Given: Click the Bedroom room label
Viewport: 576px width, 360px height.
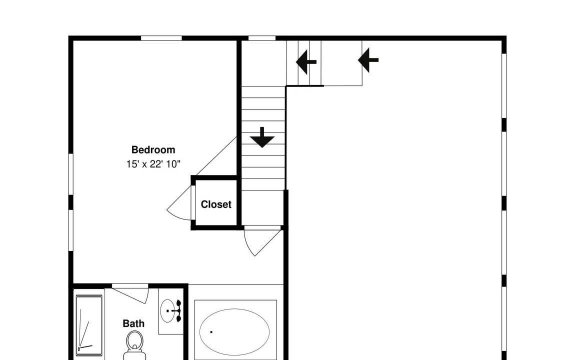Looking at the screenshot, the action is click(153, 150).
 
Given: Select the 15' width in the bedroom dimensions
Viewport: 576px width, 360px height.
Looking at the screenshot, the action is click(132, 164).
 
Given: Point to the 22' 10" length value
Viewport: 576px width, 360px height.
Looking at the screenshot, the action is click(165, 164).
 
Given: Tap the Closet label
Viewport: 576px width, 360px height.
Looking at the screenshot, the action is click(216, 204).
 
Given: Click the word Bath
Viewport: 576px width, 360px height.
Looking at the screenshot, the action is click(133, 323).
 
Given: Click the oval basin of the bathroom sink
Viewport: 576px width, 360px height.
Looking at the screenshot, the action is click(168, 311).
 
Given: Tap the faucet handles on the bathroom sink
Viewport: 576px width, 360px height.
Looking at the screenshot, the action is click(178, 311).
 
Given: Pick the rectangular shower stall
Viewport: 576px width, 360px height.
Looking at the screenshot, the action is click(89, 325).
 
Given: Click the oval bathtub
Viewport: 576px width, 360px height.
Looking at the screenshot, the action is click(234, 331).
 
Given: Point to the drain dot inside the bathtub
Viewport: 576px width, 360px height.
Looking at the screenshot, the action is click(211, 332).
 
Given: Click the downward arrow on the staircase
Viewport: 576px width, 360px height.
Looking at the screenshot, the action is click(262, 137).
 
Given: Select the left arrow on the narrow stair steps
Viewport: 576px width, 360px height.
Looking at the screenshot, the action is click(306, 61).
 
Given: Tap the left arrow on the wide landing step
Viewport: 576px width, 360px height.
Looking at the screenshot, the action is click(368, 60).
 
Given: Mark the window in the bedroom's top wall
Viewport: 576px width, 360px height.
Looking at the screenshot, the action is click(161, 38).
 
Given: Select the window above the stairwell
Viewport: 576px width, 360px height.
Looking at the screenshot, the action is click(262, 38).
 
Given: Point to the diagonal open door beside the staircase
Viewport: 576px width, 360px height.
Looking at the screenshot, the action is click(216, 156).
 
